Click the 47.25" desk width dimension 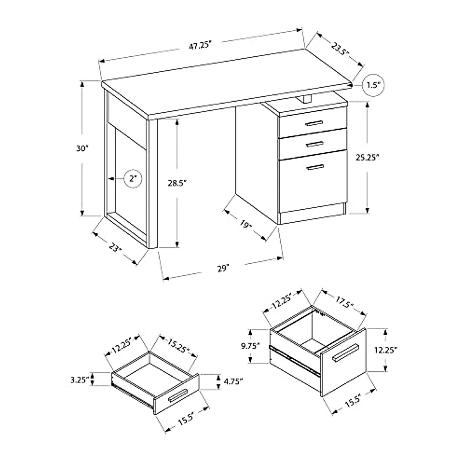click(x=200, y=45)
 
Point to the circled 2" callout click(x=133, y=179)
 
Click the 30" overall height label click(x=83, y=148)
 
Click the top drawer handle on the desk click(x=314, y=123)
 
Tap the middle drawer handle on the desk click(x=315, y=144)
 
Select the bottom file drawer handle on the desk click(x=315, y=167)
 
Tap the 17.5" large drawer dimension click(x=343, y=302)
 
